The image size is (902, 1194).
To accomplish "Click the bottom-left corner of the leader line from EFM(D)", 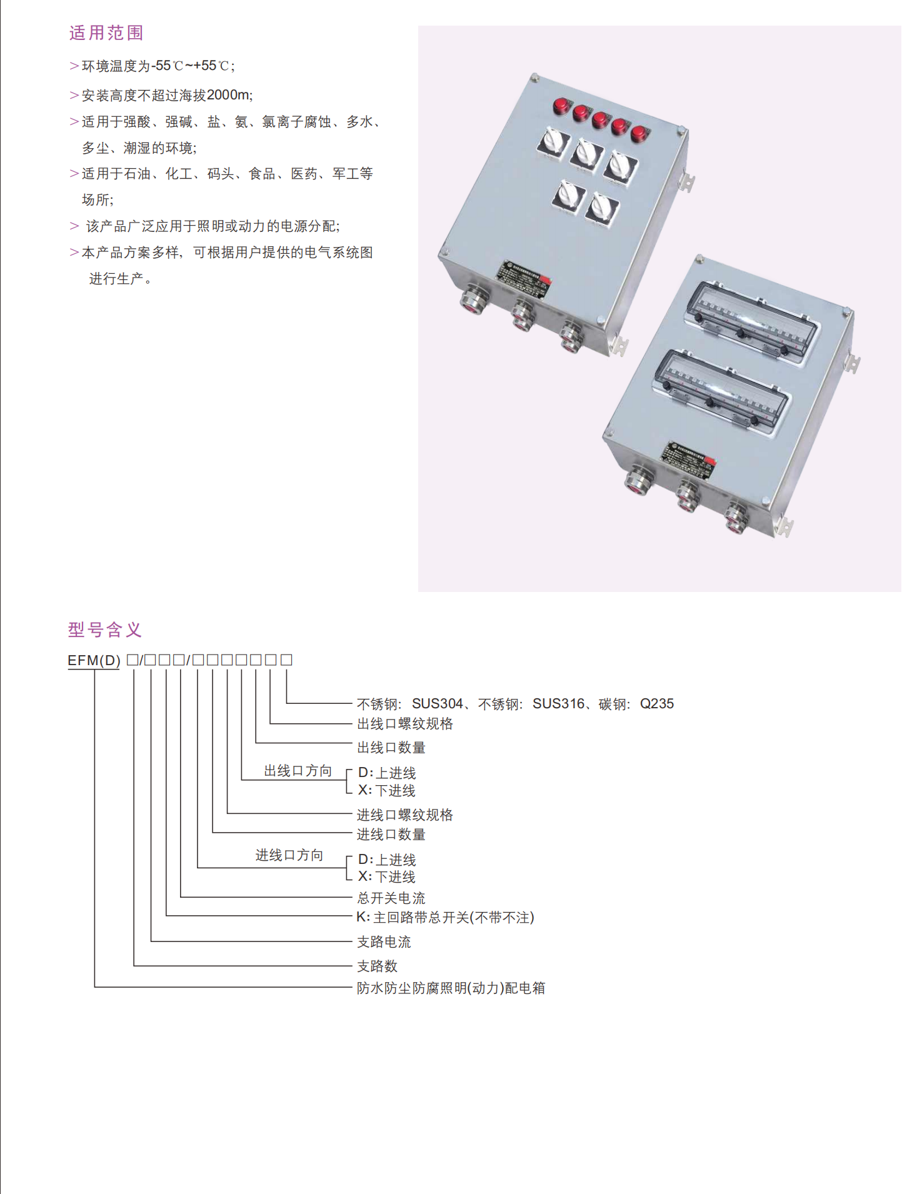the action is [94, 987].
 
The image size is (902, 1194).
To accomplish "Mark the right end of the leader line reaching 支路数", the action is [352, 966].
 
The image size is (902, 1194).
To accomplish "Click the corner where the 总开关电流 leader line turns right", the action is [181, 897].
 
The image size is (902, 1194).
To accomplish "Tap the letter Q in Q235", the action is [645, 704].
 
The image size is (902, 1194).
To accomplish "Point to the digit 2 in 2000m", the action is [211, 95].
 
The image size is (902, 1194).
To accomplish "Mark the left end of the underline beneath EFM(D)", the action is [68, 669].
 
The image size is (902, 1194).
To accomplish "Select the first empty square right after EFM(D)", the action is [132, 660].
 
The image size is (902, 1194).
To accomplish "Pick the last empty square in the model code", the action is [286, 660].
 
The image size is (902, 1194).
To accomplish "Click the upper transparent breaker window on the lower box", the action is [752, 321].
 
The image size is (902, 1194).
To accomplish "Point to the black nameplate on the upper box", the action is [524, 279].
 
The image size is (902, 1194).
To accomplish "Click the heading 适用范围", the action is [106, 33].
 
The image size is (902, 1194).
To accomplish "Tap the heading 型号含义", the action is [105, 630].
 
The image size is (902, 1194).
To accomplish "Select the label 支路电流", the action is [384, 941].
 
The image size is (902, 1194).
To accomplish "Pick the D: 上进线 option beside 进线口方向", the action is [387, 860].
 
